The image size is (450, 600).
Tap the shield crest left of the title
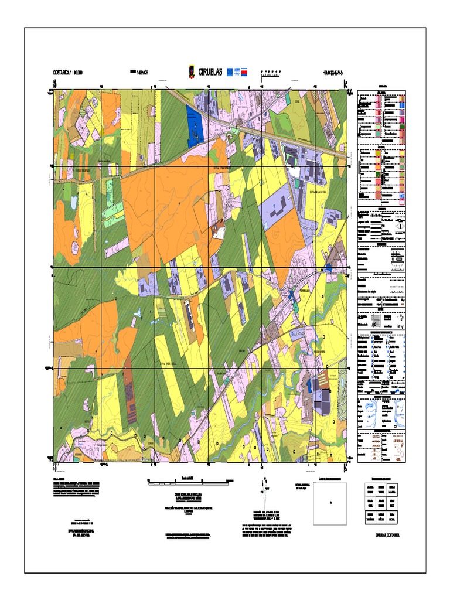(x=190, y=72)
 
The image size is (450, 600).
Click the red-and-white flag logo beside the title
(x=248, y=72)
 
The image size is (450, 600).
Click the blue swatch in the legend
(x=402, y=104)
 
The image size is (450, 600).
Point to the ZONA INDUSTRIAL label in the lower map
(x=169, y=364)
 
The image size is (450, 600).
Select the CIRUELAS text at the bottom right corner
(x=387, y=534)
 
